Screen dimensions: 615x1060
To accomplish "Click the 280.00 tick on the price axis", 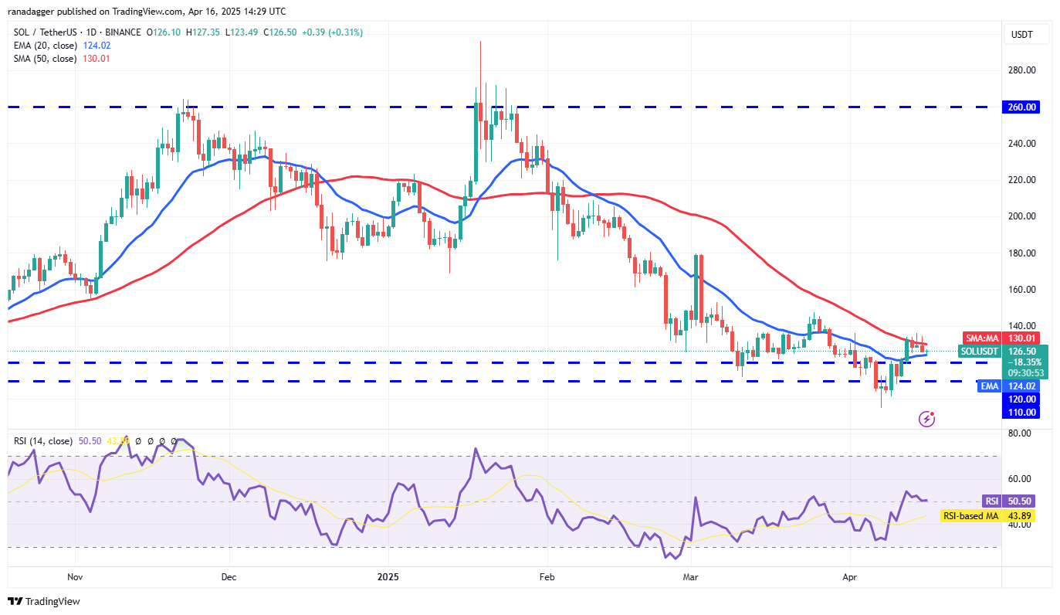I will click(1022, 70).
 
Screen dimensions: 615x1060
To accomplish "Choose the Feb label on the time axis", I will click(547, 576).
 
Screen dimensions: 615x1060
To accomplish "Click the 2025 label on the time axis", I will click(387, 576).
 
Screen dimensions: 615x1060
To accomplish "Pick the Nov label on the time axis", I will click(75, 576).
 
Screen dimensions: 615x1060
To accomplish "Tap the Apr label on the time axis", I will click(849, 576).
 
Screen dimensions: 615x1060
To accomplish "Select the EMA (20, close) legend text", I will click(45, 46).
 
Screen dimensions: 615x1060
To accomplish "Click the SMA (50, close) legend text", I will click(45, 59).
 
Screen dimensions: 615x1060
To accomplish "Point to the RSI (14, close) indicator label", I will click(42, 441).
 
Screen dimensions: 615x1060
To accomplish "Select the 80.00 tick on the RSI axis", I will click(1020, 433).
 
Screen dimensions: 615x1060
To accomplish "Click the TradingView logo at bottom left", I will click(44, 601).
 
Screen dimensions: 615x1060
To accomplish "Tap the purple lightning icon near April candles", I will click(927, 419).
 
